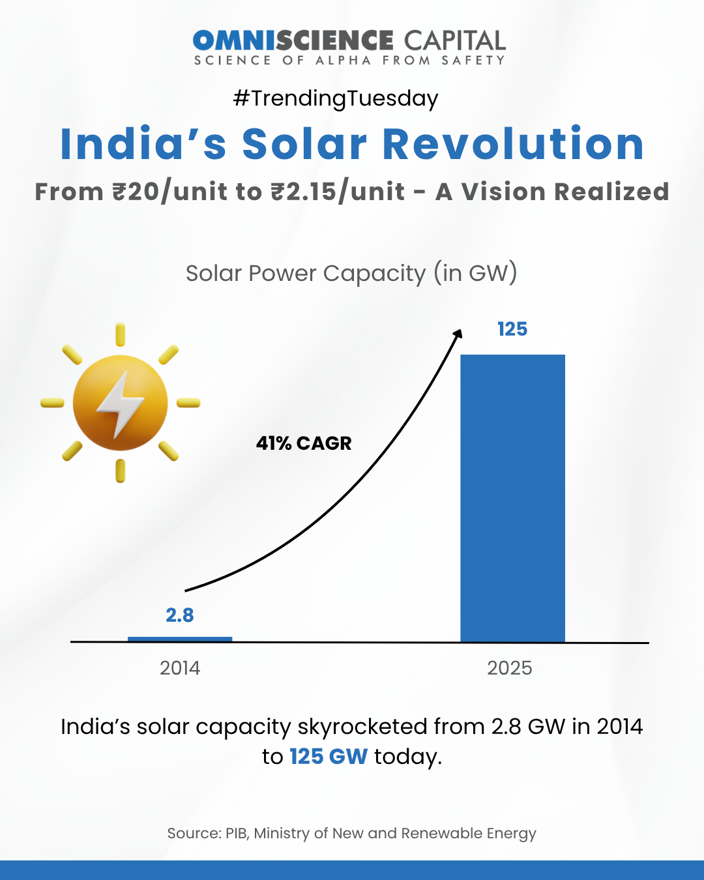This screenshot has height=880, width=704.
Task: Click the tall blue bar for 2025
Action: coord(512,499)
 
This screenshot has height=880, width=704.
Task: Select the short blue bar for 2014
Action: coord(180,639)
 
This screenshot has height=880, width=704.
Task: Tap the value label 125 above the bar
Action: coord(512,329)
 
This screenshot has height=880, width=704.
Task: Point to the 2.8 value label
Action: coord(180,615)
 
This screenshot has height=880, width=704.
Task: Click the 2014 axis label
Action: coord(180,668)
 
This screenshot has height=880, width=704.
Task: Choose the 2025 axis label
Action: coord(510,668)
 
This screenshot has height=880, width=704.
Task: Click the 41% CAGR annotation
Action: coord(304,443)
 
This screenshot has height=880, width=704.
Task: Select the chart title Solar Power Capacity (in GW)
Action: coord(351,273)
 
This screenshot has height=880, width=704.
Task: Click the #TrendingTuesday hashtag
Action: coord(336,98)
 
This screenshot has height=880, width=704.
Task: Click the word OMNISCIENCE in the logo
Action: coord(293,40)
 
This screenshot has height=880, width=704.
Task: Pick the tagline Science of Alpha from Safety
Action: coord(349,61)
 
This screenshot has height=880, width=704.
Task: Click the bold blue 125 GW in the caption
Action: coord(329,756)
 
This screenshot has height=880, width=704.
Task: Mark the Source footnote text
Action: coord(351,833)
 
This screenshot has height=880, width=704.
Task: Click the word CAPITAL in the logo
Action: coord(454,40)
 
